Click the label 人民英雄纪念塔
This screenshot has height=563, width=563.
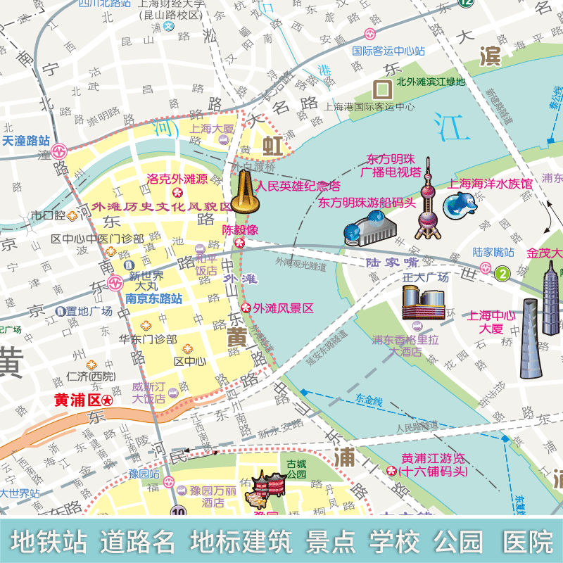(x=298, y=186)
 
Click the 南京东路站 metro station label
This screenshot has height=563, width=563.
(x=153, y=298)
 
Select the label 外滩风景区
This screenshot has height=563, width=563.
(x=284, y=308)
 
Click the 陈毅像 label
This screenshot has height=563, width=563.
(x=241, y=229)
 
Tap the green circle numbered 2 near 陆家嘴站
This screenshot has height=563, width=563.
(x=502, y=273)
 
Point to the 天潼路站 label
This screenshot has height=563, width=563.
(x=26, y=141)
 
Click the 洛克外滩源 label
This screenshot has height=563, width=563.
(x=177, y=179)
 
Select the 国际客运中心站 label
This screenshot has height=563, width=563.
(x=388, y=51)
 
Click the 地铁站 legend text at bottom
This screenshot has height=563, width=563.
(x=49, y=541)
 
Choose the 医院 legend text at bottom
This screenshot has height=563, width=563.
(x=528, y=541)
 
